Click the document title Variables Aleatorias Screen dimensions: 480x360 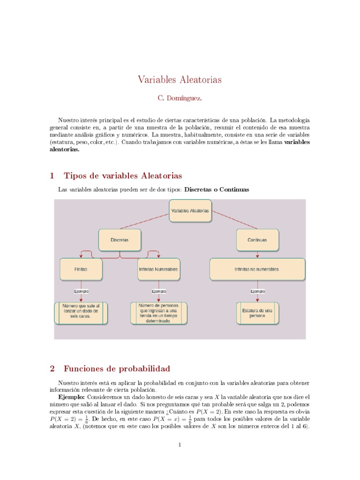[x=180, y=80]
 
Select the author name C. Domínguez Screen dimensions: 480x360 [x=180, y=98]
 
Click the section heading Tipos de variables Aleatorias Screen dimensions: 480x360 [x=122, y=176]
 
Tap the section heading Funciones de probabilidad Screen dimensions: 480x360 [x=117, y=368]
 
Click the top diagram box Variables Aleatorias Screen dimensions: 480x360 [x=190, y=211]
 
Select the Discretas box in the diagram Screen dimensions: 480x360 [x=120, y=240]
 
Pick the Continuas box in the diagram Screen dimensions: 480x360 [x=257, y=240]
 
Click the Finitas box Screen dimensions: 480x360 [x=81, y=270]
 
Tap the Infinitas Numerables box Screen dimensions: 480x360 [x=158, y=270]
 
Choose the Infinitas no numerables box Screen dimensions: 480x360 [x=257, y=270]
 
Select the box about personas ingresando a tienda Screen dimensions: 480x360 [x=158, y=313]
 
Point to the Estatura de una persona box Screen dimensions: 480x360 [x=257, y=313]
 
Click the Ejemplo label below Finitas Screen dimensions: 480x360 [x=81, y=291]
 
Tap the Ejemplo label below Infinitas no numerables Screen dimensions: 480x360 [x=257, y=291]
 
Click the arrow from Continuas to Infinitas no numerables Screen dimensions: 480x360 [x=257, y=254]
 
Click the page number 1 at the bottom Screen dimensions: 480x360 [x=180, y=445]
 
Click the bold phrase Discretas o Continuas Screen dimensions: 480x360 [x=217, y=190]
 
